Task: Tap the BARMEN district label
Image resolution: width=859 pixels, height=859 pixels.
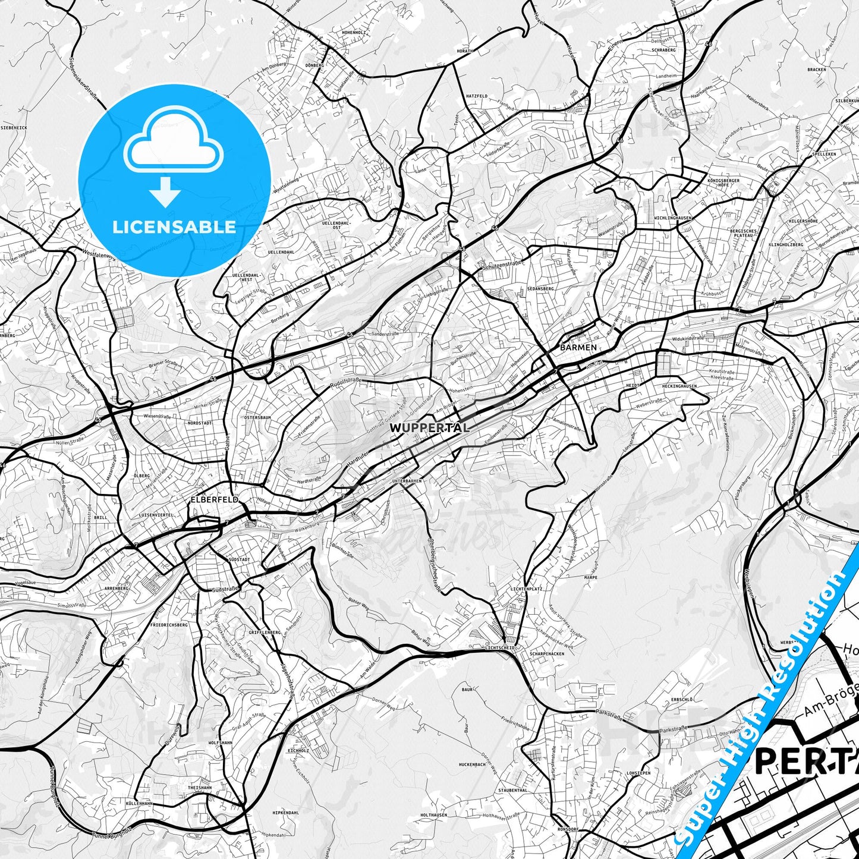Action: pyautogui.click(x=578, y=347)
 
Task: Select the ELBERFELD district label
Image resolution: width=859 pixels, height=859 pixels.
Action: pyautogui.click(x=214, y=500)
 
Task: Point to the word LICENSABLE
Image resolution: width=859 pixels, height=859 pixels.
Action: pyautogui.click(x=174, y=226)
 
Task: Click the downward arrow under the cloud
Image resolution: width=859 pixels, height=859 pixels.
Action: pyautogui.click(x=165, y=193)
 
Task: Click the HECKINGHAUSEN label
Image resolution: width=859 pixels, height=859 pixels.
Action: pyautogui.click(x=678, y=386)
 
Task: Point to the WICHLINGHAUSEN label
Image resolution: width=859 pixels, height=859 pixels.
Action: pyautogui.click(x=672, y=218)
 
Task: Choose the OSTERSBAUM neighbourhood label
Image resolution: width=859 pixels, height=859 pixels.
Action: pyautogui.click(x=257, y=418)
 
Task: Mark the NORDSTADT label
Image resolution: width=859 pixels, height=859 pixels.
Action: pyautogui.click(x=200, y=423)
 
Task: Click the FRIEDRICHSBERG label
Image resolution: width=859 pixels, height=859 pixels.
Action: pyautogui.click(x=169, y=625)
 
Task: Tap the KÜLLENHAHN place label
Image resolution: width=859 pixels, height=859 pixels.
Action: pyautogui.click(x=139, y=803)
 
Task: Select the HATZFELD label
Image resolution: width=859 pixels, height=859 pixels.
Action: pyautogui.click(x=476, y=96)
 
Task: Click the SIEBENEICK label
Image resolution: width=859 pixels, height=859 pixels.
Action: pyautogui.click(x=14, y=127)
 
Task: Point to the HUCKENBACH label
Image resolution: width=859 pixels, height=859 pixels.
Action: pyautogui.click(x=472, y=764)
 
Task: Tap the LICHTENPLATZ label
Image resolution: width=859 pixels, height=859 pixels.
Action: pyautogui.click(x=526, y=589)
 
